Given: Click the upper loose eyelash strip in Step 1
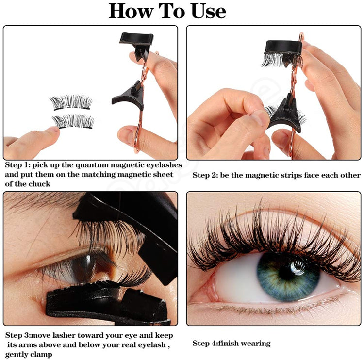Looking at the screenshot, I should (71, 102).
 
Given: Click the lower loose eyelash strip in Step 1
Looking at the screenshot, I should (73, 120).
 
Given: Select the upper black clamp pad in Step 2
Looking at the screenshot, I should (282, 48).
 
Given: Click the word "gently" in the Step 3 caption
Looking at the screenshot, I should (17, 354).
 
